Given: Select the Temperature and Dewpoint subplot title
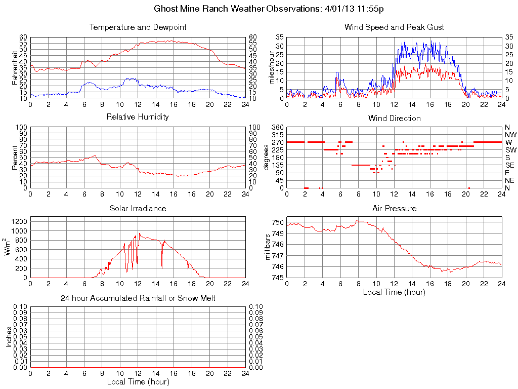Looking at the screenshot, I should coord(138,27).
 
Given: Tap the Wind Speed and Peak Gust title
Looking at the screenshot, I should coord(394,27).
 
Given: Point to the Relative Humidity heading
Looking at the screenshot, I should coord(138,118).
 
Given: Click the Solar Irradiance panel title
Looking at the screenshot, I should coord(138,208).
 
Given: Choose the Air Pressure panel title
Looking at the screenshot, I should coord(394,208).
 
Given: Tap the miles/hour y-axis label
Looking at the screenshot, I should coord(271,67).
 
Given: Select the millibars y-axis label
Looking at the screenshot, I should coord(269,247).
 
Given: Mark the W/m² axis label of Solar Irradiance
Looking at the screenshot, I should coord(9,247).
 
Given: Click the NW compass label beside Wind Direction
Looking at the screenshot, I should coord(510,135).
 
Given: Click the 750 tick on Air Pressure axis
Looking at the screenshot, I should coord(278,222).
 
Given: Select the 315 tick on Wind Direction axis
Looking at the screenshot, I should coord(278,135).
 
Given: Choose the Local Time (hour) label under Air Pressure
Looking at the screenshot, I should coord(394,292).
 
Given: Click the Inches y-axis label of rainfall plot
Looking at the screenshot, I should coord(9,337).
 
